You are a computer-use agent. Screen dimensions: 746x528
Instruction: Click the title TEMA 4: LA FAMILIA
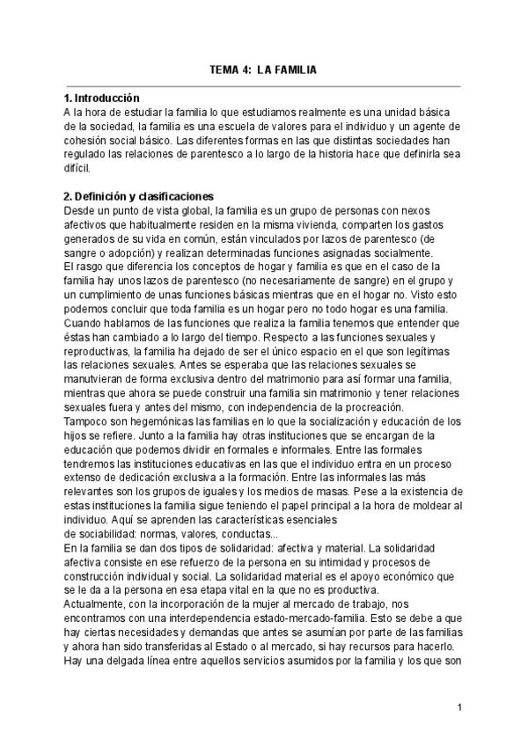point(263,68)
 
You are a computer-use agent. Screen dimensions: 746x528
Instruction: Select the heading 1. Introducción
point(102,98)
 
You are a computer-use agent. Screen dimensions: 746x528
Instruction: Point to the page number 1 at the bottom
point(460,706)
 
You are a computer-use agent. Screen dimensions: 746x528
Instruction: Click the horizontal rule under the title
point(263,86)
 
